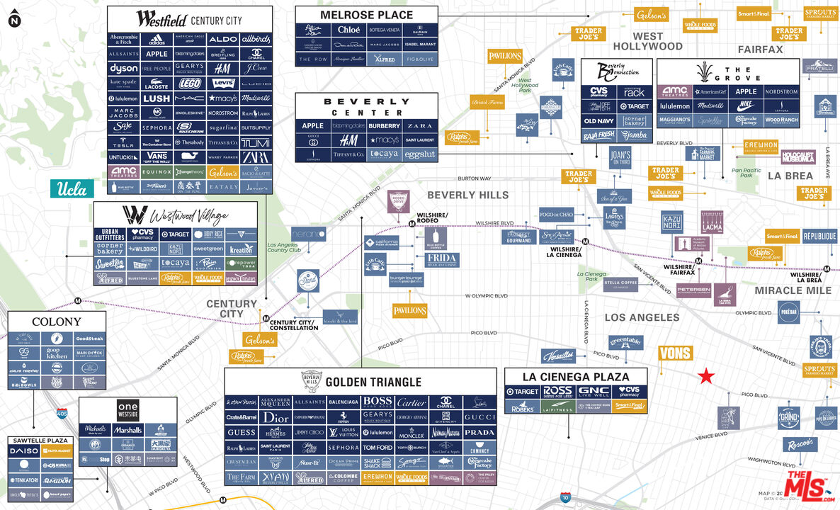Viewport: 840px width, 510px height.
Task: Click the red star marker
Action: coord(706,376)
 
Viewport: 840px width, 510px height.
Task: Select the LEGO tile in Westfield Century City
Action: coord(189,84)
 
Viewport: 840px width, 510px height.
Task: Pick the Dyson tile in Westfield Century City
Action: coord(123,69)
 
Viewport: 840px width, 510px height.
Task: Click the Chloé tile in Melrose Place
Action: coord(348,30)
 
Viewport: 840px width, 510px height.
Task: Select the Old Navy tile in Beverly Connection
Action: coord(598,120)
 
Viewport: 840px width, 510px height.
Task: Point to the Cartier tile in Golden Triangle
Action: coord(412,402)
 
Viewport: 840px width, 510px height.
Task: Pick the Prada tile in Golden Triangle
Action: coord(480,432)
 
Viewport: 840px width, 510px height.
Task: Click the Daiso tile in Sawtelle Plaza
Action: coord(25,451)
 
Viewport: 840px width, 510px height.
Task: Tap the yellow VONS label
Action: coord(675,353)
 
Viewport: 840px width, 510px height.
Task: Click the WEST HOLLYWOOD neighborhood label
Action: coord(647,42)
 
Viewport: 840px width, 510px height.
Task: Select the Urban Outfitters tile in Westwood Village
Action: coord(110,234)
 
